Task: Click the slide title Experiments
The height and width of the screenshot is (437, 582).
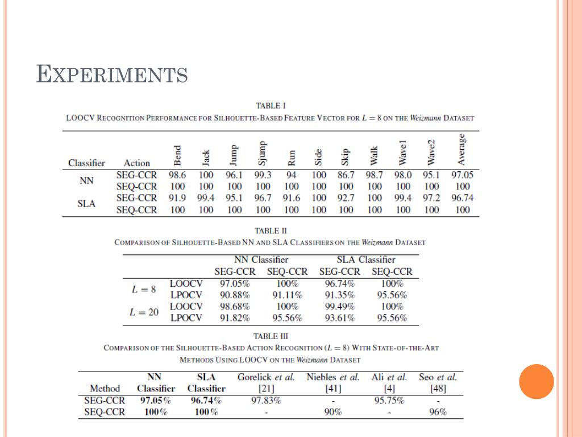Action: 112,75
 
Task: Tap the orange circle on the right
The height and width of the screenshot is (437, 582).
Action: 537,381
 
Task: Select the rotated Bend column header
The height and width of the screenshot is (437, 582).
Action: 177,154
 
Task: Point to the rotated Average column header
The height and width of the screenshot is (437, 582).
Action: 462,149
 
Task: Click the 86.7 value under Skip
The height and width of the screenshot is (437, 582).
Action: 346,175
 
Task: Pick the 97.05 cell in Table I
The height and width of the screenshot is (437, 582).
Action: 462,175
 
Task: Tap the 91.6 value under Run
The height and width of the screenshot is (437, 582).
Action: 291,198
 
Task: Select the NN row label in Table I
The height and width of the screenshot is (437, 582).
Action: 86,181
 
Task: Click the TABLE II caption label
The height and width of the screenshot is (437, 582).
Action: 271,230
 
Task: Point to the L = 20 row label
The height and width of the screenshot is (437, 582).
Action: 144,312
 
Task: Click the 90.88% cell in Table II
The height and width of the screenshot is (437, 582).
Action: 234,295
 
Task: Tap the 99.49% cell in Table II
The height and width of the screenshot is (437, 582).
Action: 339,306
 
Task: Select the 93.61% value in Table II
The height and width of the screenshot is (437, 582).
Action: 339,318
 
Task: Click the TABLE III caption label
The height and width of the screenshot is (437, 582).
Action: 271,336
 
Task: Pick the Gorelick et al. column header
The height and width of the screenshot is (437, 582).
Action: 266,377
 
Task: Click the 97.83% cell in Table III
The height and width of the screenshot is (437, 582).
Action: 266,401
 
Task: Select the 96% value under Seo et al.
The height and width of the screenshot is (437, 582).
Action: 438,413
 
